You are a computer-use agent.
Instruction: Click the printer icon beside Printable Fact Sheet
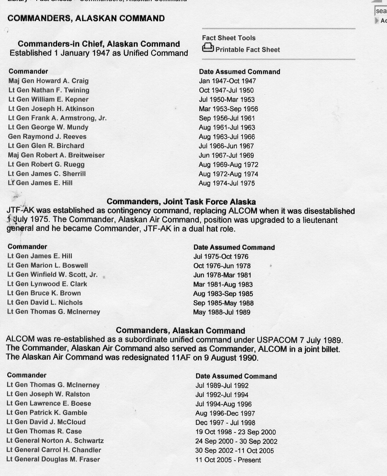coord(208,48)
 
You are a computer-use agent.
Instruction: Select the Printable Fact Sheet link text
coord(247,50)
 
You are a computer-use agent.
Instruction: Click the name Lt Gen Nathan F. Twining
coord(49,90)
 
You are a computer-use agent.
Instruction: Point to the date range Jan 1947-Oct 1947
coord(227,81)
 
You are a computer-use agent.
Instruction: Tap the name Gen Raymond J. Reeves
coord(47,136)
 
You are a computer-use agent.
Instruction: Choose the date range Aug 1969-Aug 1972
coord(228,165)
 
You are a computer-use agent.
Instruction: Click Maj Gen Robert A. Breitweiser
coord(56,155)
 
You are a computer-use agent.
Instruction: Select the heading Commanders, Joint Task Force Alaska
coord(181,201)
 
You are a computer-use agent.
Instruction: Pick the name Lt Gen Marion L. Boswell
coord(48,265)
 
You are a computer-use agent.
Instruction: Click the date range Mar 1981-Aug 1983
coord(223,284)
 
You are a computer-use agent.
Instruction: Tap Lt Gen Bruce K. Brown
coord(44,293)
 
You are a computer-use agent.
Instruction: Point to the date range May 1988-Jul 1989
coord(222,312)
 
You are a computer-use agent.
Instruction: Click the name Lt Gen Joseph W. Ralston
coord(48,394)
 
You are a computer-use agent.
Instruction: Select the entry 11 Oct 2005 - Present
coord(228,460)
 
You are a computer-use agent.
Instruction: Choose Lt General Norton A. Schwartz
coord(55,441)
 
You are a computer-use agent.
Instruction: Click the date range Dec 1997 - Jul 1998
coord(225,423)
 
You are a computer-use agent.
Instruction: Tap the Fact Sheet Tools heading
coord(228,38)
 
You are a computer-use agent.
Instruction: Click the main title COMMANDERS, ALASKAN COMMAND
coord(86,18)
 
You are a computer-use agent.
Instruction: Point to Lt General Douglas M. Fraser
coord(53,459)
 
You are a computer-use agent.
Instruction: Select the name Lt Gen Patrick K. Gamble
coord(47,413)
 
